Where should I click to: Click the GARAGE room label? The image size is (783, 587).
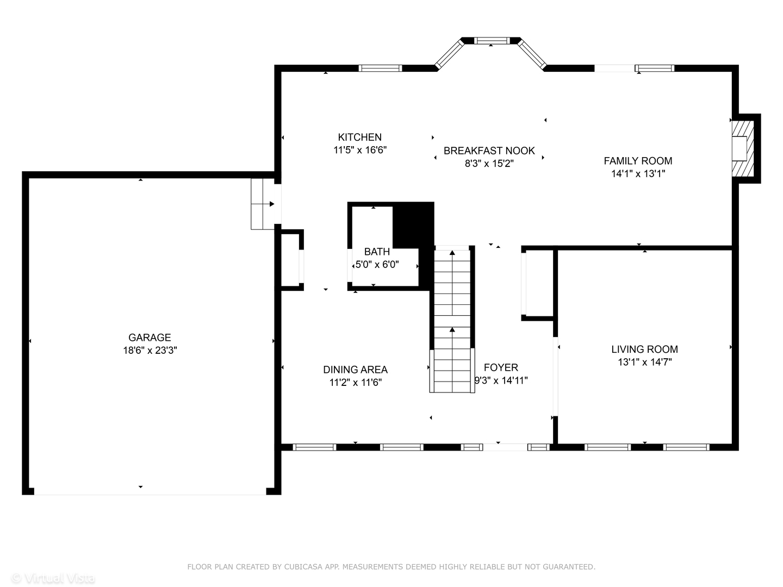coord(150,337)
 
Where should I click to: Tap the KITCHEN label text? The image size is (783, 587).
coord(359,137)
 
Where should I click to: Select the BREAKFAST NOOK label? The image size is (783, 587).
coord(489,151)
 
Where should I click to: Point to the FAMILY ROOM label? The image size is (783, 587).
coord(638,161)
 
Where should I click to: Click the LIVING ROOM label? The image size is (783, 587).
coord(644,349)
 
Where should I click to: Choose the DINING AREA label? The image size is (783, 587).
coord(355,369)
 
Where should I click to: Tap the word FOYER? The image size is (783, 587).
coord(501,367)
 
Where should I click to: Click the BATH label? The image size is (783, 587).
coord(377,252)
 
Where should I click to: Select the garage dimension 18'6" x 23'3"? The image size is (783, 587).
coord(150,351)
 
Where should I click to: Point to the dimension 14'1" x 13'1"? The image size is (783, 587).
coord(638,173)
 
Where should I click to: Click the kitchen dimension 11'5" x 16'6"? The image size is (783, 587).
coord(360,149)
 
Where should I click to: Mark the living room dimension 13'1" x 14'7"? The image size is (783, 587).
coord(644,362)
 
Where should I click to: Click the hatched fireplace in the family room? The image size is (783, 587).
coord(743,148)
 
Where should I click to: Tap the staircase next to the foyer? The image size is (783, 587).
coord(452,320)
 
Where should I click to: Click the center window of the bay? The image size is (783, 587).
coord(492,41)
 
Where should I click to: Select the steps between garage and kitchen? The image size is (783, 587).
coord(263,204)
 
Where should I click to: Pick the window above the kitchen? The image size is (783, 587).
coord(380,68)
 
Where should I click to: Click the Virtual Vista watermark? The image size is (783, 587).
coord(53,578)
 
